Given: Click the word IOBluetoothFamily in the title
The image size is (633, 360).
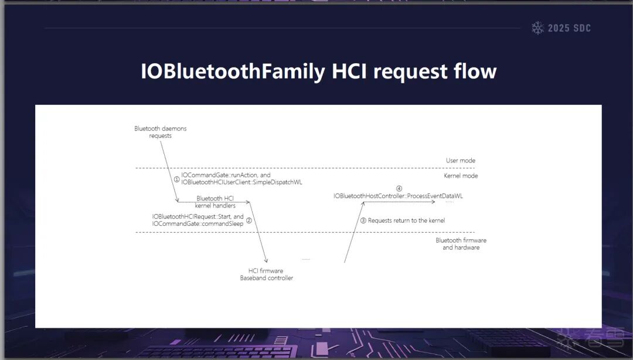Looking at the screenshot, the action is point(233,72).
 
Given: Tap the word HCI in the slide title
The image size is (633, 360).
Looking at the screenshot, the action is point(349,71).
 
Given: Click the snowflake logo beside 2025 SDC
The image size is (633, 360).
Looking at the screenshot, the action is point(537,28).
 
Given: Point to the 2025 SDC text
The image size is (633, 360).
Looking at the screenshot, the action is point(569,28).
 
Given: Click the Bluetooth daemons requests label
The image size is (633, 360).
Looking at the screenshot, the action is point(160,132).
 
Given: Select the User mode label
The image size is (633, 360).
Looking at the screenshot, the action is point(461,161).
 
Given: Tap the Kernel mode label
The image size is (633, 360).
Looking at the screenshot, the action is point(461,176).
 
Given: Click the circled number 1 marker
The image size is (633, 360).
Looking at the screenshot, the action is point(177,179).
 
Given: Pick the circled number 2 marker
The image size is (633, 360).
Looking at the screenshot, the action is point(249,220).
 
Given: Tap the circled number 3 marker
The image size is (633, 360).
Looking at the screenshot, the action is point(363,220).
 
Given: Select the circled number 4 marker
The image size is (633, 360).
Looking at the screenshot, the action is point(399,188).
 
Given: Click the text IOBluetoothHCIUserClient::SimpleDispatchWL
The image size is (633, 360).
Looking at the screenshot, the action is point(241,182).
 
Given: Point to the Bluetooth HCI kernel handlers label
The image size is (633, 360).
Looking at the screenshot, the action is point(215,202).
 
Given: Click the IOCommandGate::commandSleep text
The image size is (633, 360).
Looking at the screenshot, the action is point(198,224).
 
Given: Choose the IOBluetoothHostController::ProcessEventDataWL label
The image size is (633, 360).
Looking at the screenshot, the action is point(398,196).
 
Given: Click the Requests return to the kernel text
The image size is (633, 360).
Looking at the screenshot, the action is point(407,220).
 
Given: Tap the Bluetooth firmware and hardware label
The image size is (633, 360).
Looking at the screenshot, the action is point(461,244).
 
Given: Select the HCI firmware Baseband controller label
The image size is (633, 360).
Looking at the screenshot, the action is point(267,274).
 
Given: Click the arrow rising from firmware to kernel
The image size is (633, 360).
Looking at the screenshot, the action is point(354,232).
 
